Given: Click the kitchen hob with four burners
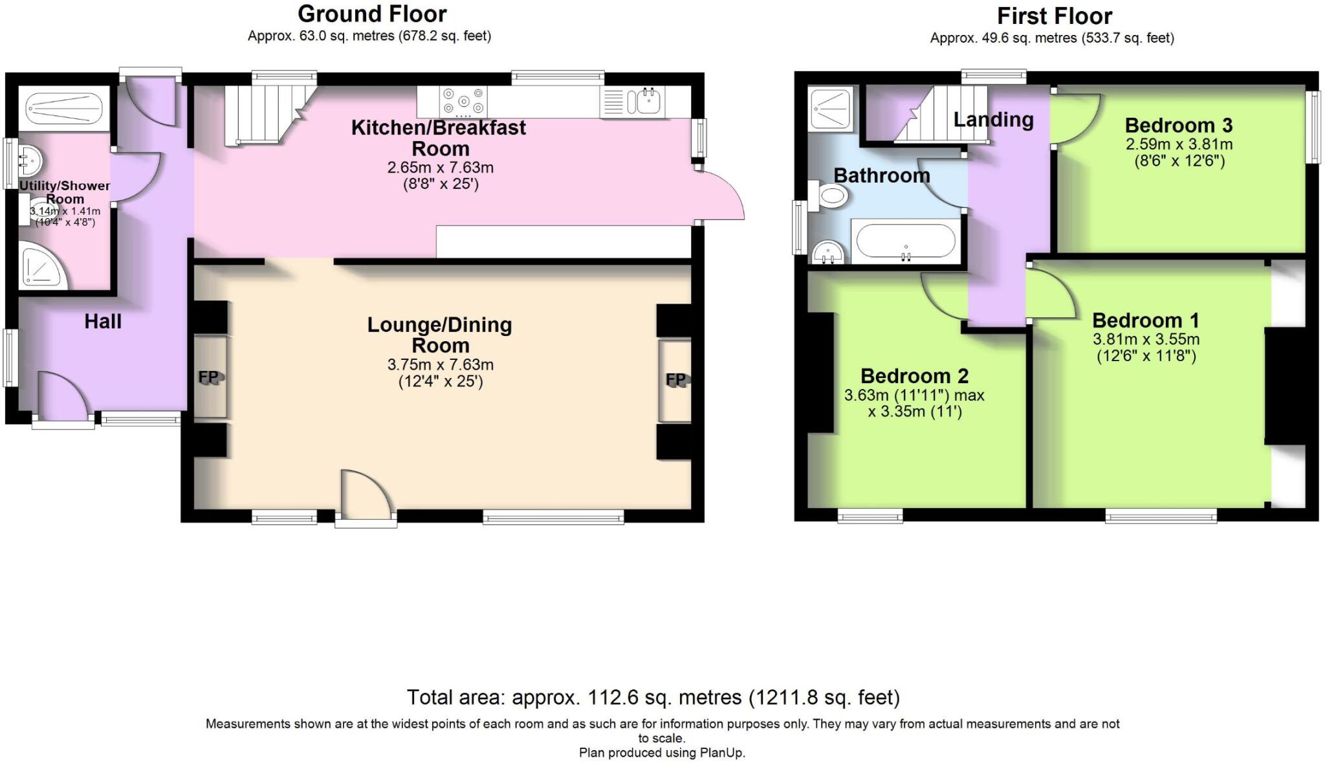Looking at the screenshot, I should pyautogui.click(x=463, y=102).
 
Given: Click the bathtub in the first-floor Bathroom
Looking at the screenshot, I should pyautogui.click(x=905, y=241).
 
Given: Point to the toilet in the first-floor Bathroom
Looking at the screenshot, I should pyautogui.click(x=830, y=195).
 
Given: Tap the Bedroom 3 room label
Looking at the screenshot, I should pyautogui.click(x=1179, y=125).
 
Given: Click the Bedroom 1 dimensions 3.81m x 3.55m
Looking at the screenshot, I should pyautogui.click(x=1146, y=339).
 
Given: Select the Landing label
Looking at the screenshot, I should pyautogui.click(x=993, y=120).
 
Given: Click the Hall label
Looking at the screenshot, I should pyautogui.click(x=103, y=321).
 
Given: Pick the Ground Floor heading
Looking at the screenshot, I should pyautogui.click(x=372, y=14).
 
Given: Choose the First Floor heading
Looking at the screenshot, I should pyautogui.click(x=1055, y=16).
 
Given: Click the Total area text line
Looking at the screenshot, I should pyautogui.click(x=653, y=697).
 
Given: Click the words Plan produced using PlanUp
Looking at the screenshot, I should pyautogui.click(x=662, y=753).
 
